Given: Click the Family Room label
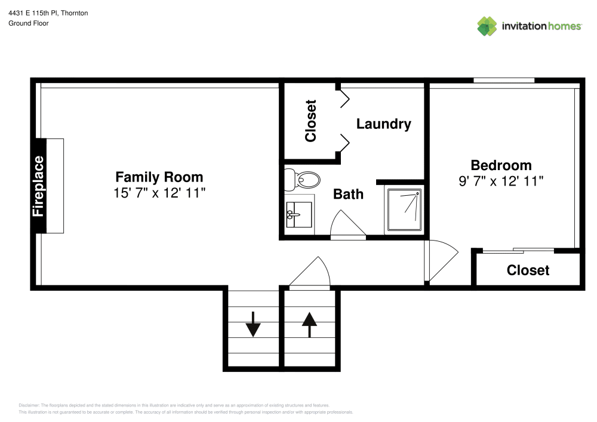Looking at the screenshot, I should click(159, 177).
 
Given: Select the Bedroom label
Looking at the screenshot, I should click(501, 165).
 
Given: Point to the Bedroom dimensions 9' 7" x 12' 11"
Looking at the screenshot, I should click(501, 181).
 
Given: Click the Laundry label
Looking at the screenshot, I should click(383, 124).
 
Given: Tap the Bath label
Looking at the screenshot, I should click(348, 193).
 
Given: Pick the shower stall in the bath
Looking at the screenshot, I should click(404, 209).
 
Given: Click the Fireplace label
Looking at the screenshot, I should click(39, 186).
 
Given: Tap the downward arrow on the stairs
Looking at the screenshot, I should click(253, 324).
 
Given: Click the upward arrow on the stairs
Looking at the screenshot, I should click(309, 324).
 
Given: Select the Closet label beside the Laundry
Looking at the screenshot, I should click(310, 121).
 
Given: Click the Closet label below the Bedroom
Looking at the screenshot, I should click(528, 270).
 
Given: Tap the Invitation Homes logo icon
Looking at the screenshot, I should click(487, 26).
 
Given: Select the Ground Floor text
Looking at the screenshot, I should click(29, 23).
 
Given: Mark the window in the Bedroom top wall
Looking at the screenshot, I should click(504, 81).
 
